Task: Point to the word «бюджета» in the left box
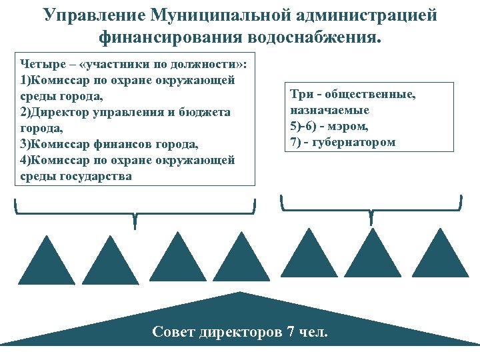(207, 113)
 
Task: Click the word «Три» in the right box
(301, 95)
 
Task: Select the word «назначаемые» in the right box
(329, 110)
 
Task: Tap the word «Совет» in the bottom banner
(174, 331)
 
